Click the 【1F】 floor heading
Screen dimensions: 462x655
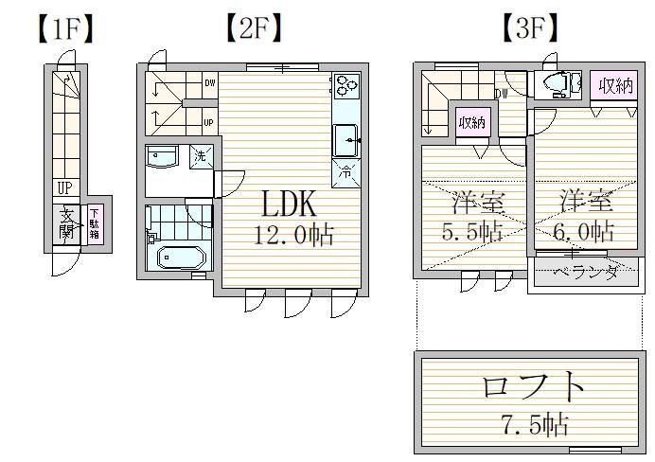[x=66, y=29]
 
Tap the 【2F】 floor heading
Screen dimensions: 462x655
[x=254, y=29]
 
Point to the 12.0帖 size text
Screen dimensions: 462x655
[x=292, y=235]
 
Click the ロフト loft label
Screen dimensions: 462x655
[x=528, y=388]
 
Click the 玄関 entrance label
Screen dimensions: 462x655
[x=66, y=222]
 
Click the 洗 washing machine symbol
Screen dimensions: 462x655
[x=201, y=158]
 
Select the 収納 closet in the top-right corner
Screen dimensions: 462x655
[x=613, y=86]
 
